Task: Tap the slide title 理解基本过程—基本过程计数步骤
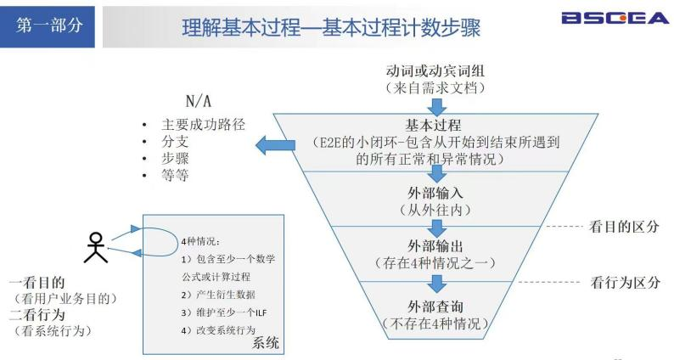click(x=331, y=28)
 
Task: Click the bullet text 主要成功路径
click(x=203, y=124)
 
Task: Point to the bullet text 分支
click(x=175, y=141)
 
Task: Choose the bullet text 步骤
click(x=175, y=159)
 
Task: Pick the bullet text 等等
click(x=175, y=176)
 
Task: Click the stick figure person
click(x=95, y=247)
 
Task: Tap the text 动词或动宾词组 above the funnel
click(x=435, y=70)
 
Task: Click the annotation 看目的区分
click(x=624, y=228)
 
